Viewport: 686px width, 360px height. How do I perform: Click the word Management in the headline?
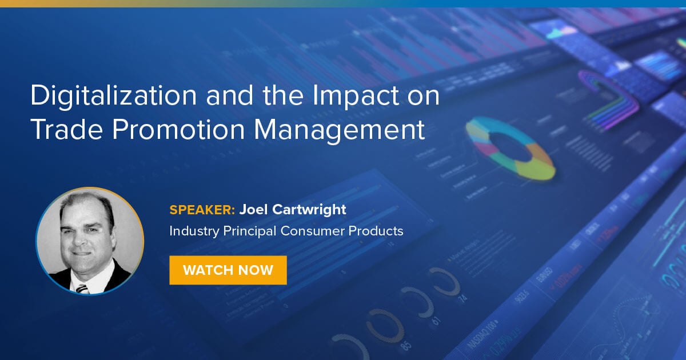click(340, 130)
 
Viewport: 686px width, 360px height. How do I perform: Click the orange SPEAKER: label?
click(202, 210)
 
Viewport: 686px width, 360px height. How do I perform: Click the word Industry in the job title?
click(193, 231)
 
